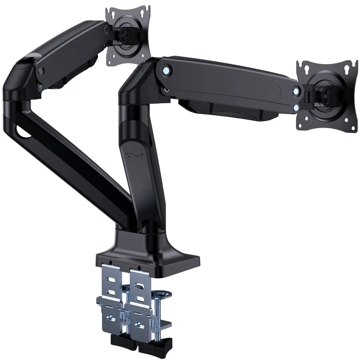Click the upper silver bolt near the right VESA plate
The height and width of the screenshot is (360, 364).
(x=296, y=91)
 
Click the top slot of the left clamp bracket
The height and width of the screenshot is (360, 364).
(x=110, y=275)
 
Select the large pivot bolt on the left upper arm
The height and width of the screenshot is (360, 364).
(x=41, y=71)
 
